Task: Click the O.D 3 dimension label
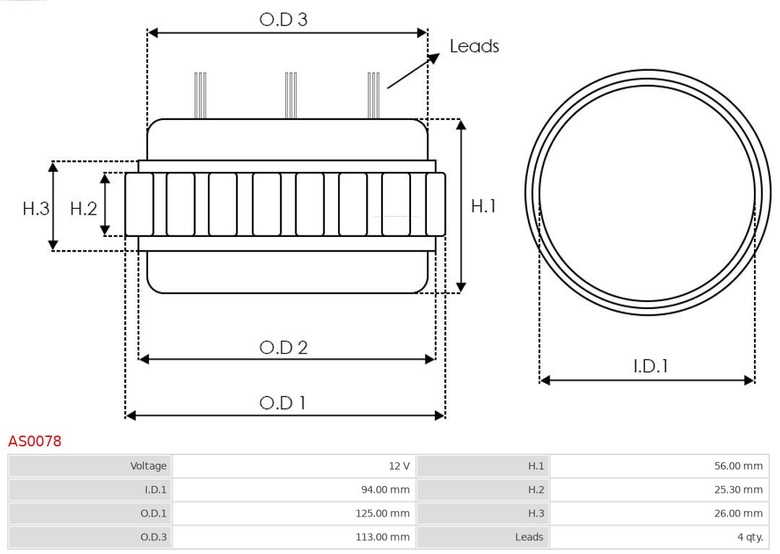tap(283, 20)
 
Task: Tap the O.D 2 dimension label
tap(283, 347)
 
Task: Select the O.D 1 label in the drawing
tap(282, 402)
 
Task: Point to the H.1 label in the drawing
tap(483, 206)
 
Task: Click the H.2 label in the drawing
tap(83, 209)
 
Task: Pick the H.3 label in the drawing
tap(35, 209)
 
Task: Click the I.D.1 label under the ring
tap(650, 366)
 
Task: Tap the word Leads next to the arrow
tap(474, 46)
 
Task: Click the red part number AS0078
tap(35, 441)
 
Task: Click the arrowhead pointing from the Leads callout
tap(434, 58)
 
